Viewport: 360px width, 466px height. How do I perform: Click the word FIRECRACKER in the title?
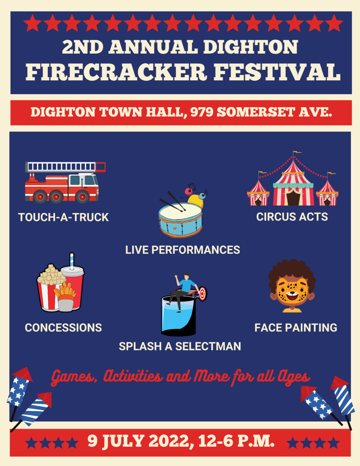pyautogui.click(x=116, y=72)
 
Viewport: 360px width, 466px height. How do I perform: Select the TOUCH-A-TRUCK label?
pyautogui.click(x=63, y=217)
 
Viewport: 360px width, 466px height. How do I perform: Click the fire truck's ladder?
pyautogui.click(x=65, y=167)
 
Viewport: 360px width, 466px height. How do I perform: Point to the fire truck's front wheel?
pyautogui.click(x=82, y=197)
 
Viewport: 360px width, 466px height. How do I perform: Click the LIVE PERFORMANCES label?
pyautogui.click(x=183, y=250)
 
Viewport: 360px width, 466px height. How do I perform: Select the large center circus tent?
pyautogui.click(x=293, y=184)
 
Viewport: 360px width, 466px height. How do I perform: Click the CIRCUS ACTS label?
pyautogui.click(x=292, y=216)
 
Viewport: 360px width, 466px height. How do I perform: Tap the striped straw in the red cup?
pyautogui.click(x=72, y=261)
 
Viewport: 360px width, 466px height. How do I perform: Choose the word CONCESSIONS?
pyautogui.click(x=63, y=328)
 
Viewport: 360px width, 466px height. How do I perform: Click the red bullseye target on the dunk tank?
pyautogui.click(x=202, y=294)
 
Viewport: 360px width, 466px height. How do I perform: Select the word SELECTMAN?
pyautogui.click(x=208, y=346)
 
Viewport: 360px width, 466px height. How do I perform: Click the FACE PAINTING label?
pyautogui.click(x=296, y=328)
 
